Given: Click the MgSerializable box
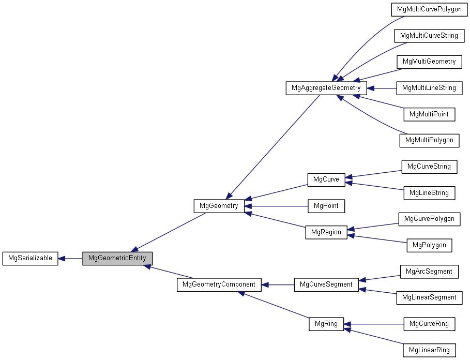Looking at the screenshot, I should pos(30,258).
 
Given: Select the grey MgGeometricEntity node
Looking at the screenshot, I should pos(117,258).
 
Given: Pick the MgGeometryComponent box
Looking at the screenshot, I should pos(219,284).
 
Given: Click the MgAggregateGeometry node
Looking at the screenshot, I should pos(326,88).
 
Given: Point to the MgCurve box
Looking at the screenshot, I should pos(326,179).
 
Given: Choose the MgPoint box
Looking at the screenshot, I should pos(326,206).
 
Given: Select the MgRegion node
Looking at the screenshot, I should pos(326,232).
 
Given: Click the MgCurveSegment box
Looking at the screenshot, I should pos(326,284).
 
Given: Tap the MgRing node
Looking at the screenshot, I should pos(326,324).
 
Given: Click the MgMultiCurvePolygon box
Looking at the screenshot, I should pos(429,9).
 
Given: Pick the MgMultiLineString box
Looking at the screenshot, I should pos(429,88).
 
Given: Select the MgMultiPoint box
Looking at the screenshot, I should pos(429,114).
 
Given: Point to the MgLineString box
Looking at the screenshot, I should pos(429,193).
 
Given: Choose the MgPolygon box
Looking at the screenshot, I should pos(429,245).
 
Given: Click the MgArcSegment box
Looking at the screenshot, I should pos(429,272).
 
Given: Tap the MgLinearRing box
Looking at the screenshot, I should pos(429,350).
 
